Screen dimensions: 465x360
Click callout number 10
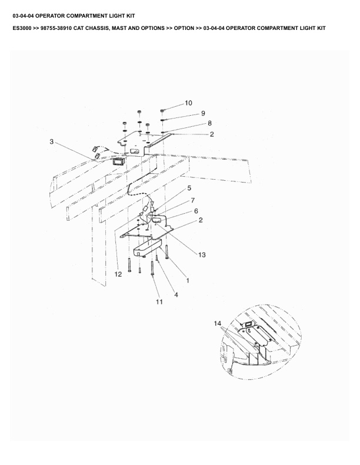point(188,103)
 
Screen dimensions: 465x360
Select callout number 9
point(186,113)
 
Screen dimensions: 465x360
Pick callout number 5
point(189,188)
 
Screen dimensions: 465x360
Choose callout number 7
point(192,201)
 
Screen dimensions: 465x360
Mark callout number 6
point(196,210)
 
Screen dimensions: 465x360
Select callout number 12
point(118,274)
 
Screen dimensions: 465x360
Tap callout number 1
point(188,281)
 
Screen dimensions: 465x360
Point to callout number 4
point(175,295)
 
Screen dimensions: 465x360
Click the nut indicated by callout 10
point(162,110)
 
